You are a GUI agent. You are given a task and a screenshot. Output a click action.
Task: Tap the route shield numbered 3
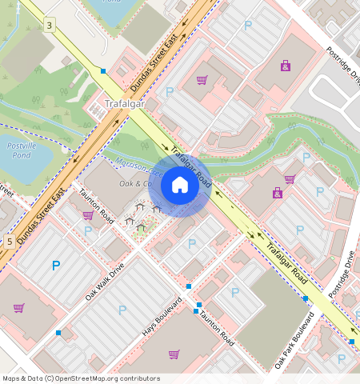point(50,26)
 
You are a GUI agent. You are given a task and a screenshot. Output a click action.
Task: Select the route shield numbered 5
point(8,241)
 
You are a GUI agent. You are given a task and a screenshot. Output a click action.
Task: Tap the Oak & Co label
point(135,184)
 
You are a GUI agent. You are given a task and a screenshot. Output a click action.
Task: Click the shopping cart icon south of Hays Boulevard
point(174,354)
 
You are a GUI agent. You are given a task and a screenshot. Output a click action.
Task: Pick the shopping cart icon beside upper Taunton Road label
point(87,214)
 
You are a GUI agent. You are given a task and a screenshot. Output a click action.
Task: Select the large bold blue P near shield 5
point(55,266)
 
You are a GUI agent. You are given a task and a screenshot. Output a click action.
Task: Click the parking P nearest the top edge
point(247,26)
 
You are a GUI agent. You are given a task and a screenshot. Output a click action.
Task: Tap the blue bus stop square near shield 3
point(103,71)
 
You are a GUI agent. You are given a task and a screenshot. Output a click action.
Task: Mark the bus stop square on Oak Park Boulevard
point(306,298)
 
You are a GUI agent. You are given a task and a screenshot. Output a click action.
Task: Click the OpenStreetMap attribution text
point(81,378)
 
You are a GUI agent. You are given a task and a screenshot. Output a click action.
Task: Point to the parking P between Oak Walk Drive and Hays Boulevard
point(122,309)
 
